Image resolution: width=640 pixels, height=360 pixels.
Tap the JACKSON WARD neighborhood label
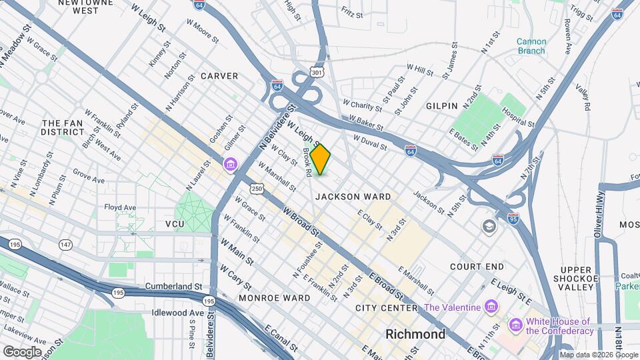coord(353,197)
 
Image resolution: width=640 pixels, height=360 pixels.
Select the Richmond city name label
coord(415,333)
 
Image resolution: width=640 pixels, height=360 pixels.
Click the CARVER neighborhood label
coord(219,76)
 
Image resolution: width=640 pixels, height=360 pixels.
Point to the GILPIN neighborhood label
coord(441,106)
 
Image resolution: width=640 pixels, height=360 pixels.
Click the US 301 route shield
coord(317,71)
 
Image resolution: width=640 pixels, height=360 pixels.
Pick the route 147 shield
coord(66,246)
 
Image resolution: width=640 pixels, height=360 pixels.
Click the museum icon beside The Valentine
coord(492,307)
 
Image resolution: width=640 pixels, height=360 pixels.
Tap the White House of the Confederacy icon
coord(515,325)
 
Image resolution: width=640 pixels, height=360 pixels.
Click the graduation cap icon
coord(490,227)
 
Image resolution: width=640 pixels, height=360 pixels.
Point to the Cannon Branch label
coord(531,46)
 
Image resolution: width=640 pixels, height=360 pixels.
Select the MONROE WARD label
coord(274,297)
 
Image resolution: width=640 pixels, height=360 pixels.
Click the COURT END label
coord(477,267)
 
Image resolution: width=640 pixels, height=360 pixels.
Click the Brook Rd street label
coord(307,162)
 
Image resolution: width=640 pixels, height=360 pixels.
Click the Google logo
coord(22,351)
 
